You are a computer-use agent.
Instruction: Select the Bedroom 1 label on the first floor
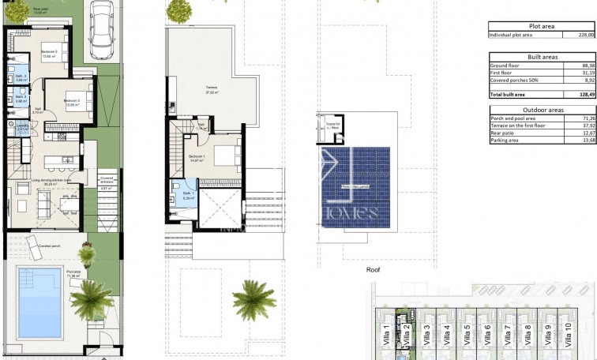(x=197, y=157)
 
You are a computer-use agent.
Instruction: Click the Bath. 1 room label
(x=188, y=194)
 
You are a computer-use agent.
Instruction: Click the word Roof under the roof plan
(x=374, y=269)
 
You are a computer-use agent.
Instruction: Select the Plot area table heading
(x=541, y=26)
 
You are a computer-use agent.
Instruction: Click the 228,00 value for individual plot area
(x=585, y=35)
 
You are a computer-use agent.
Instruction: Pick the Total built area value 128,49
(x=585, y=94)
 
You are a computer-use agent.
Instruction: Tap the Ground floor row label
(x=505, y=66)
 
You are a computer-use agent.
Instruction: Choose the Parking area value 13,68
(x=585, y=141)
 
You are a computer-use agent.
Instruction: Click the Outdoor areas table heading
(x=541, y=110)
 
